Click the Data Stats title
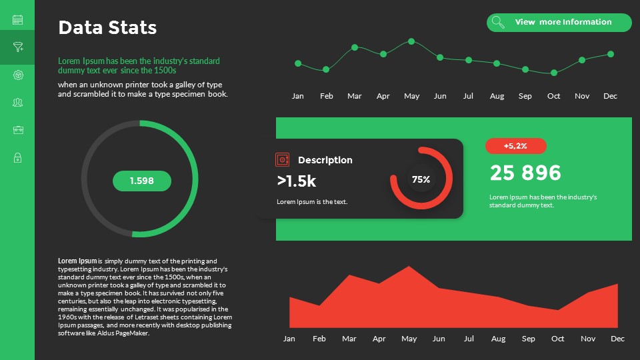(x=107, y=27)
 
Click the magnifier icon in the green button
(x=497, y=23)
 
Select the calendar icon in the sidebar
(x=18, y=19)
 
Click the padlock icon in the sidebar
(x=18, y=158)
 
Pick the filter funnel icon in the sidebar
(x=18, y=47)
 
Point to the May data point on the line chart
(x=411, y=41)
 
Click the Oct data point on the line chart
(x=553, y=73)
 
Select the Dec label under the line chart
(x=610, y=96)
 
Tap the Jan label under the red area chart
(x=289, y=339)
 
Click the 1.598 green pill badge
(x=141, y=181)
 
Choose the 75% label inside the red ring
(x=421, y=179)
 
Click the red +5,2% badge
(x=515, y=146)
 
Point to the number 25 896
(x=525, y=173)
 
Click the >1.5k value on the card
(x=296, y=181)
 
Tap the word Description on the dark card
(x=325, y=160)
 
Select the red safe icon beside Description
(x=283, y=159)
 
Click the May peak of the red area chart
(x=409, y=267)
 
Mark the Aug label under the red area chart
(x=497, y=339)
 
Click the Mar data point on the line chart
(x=355, y=47)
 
